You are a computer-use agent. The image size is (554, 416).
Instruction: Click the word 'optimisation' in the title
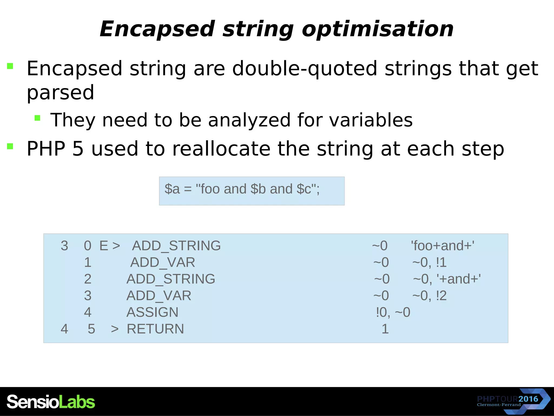(377, 29)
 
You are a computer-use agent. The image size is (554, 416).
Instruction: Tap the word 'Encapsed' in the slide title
(157, 29)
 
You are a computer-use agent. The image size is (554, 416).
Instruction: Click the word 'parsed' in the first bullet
(60, 93)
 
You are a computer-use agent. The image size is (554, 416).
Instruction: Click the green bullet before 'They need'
(37, 118)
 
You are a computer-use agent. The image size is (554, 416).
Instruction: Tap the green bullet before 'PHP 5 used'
(10, 146)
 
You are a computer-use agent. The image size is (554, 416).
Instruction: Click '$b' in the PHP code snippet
(258, 189)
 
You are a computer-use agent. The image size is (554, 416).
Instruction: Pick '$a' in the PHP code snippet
(172, 189)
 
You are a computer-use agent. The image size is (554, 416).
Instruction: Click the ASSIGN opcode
(152, 312)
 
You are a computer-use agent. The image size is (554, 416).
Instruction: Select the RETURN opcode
(155, 329)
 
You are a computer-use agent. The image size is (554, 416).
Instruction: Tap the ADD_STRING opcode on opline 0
(176, 246)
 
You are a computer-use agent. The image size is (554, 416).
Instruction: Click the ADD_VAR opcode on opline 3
(159, 295)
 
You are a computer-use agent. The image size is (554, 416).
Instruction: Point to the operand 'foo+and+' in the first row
(442, 246)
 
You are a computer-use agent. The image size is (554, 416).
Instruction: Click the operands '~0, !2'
(429, 295)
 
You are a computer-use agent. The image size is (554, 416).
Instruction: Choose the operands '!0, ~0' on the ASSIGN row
(393, 312)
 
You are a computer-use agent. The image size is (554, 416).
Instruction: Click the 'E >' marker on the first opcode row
(110, 246)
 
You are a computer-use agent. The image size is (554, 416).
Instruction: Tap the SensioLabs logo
(51, 402)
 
